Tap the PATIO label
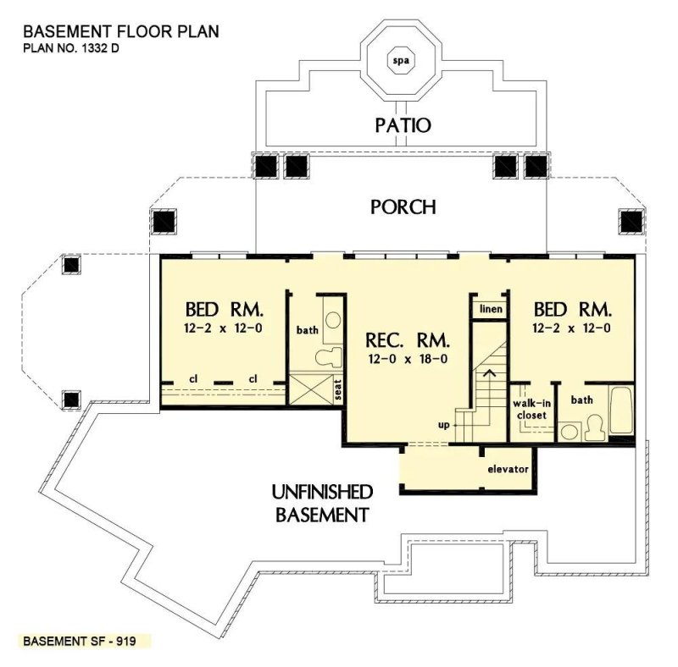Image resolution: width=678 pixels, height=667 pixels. [x=403, y=126]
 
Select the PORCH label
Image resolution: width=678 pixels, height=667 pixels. [x=403, y=207]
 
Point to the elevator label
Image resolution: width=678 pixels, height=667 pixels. [x=508, y=468]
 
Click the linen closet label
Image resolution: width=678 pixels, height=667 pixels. [x=491, y=309]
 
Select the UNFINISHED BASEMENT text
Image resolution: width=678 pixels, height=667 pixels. [x=321, y=502]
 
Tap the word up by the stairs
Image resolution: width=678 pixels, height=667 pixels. [x=442, y=425]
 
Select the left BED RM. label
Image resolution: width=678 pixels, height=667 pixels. [x=224, y=307]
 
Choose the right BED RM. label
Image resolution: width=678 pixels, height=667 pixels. [x=571, y=307]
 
